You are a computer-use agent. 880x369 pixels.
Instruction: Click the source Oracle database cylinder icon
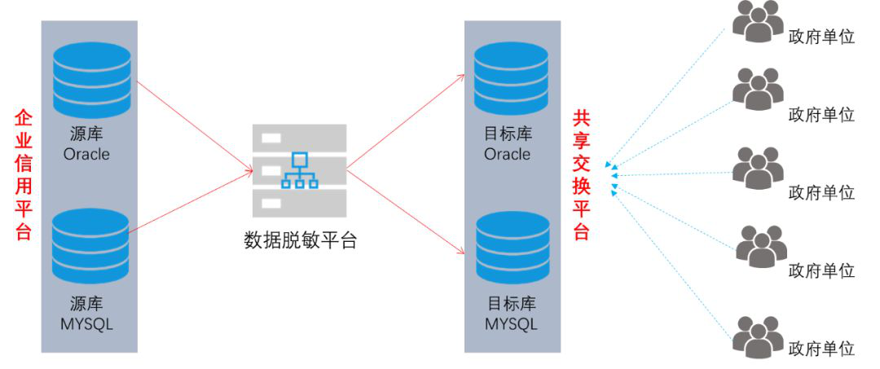91,79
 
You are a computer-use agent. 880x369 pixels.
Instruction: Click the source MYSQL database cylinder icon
90,245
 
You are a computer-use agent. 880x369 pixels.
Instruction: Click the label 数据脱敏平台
300,240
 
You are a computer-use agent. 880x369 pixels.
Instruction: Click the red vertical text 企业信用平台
24,175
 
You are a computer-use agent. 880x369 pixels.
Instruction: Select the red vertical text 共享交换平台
581,175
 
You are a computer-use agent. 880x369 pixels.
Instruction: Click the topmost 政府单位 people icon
757,21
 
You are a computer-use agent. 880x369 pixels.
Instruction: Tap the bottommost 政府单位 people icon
757,336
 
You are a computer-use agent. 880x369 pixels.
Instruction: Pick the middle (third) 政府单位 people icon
757,169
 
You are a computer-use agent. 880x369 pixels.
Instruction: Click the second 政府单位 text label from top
821,114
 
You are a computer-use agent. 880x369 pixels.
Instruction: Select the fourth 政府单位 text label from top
821,270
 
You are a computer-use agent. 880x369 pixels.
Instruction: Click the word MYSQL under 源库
86,324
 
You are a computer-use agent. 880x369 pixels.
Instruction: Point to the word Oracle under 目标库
507,154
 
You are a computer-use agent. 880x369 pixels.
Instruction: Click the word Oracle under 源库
86,154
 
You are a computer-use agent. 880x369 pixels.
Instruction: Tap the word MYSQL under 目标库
511,324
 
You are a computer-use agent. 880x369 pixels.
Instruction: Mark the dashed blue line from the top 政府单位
668,93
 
